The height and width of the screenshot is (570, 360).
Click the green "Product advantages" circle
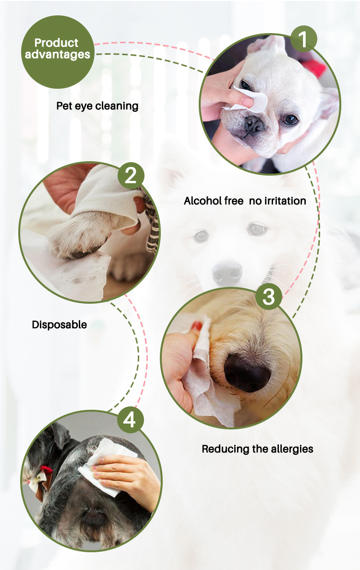tap(58, 52)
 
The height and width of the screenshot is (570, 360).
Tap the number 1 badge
tap(303, 38)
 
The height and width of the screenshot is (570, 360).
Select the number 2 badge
tap(131, 176)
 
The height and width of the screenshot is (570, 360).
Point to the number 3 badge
tap(269, 296)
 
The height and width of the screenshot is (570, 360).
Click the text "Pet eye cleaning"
tap(97, 106)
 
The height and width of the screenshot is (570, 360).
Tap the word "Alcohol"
tap(203, 201)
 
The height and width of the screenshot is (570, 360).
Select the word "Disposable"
tap(59, 325)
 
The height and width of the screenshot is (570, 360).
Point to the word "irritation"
tap(285, 201)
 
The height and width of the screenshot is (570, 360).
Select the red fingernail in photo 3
tap(197, 326)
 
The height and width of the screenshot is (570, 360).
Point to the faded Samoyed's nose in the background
tap(227, 273)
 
